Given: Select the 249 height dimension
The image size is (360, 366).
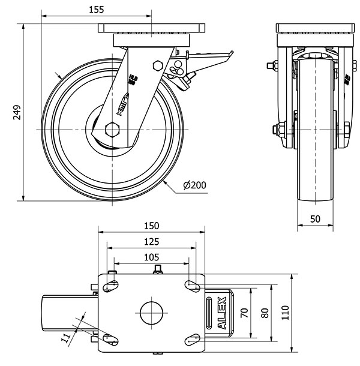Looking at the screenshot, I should [17, 112].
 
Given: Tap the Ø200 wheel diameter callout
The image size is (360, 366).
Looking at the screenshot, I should [194, 185].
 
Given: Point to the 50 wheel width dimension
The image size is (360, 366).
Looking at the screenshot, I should [316, 219].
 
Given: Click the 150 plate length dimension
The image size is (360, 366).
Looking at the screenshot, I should [152, 226].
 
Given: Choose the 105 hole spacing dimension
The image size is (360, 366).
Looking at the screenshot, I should [152, 257].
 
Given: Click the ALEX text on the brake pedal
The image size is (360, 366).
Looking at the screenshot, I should [221, 312].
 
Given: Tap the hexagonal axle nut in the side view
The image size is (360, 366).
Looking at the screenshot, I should [113, 130].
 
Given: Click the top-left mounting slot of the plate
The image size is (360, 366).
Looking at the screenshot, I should [110, 286].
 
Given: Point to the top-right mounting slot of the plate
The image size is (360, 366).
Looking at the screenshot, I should [193, 286].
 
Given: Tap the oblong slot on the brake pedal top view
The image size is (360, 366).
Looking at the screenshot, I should [209, 312].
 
